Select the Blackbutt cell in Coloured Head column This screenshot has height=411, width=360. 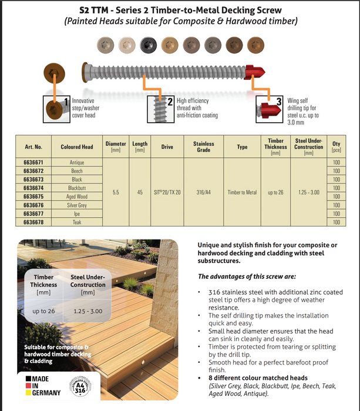(77, 188)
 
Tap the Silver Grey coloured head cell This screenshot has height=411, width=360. (77, 205)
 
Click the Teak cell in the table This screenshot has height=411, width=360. (77, 222)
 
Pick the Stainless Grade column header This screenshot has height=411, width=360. (204, 147)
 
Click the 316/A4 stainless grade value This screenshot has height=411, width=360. (204, 192)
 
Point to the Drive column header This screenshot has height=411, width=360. (167, 147)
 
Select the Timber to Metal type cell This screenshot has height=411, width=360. (242, 192)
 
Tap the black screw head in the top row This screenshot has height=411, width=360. (147, 43)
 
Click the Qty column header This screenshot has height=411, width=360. (336, 147)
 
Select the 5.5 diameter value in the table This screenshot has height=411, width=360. (116, 192)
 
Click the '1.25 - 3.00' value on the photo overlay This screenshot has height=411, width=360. (88, 311)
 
